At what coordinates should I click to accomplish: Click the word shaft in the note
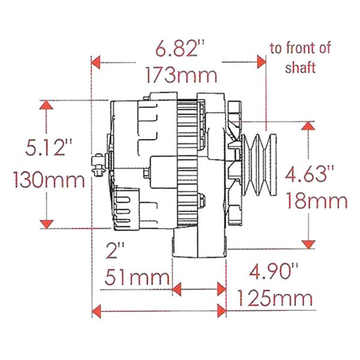point(300,68)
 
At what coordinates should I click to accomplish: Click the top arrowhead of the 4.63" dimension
point(308,127)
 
